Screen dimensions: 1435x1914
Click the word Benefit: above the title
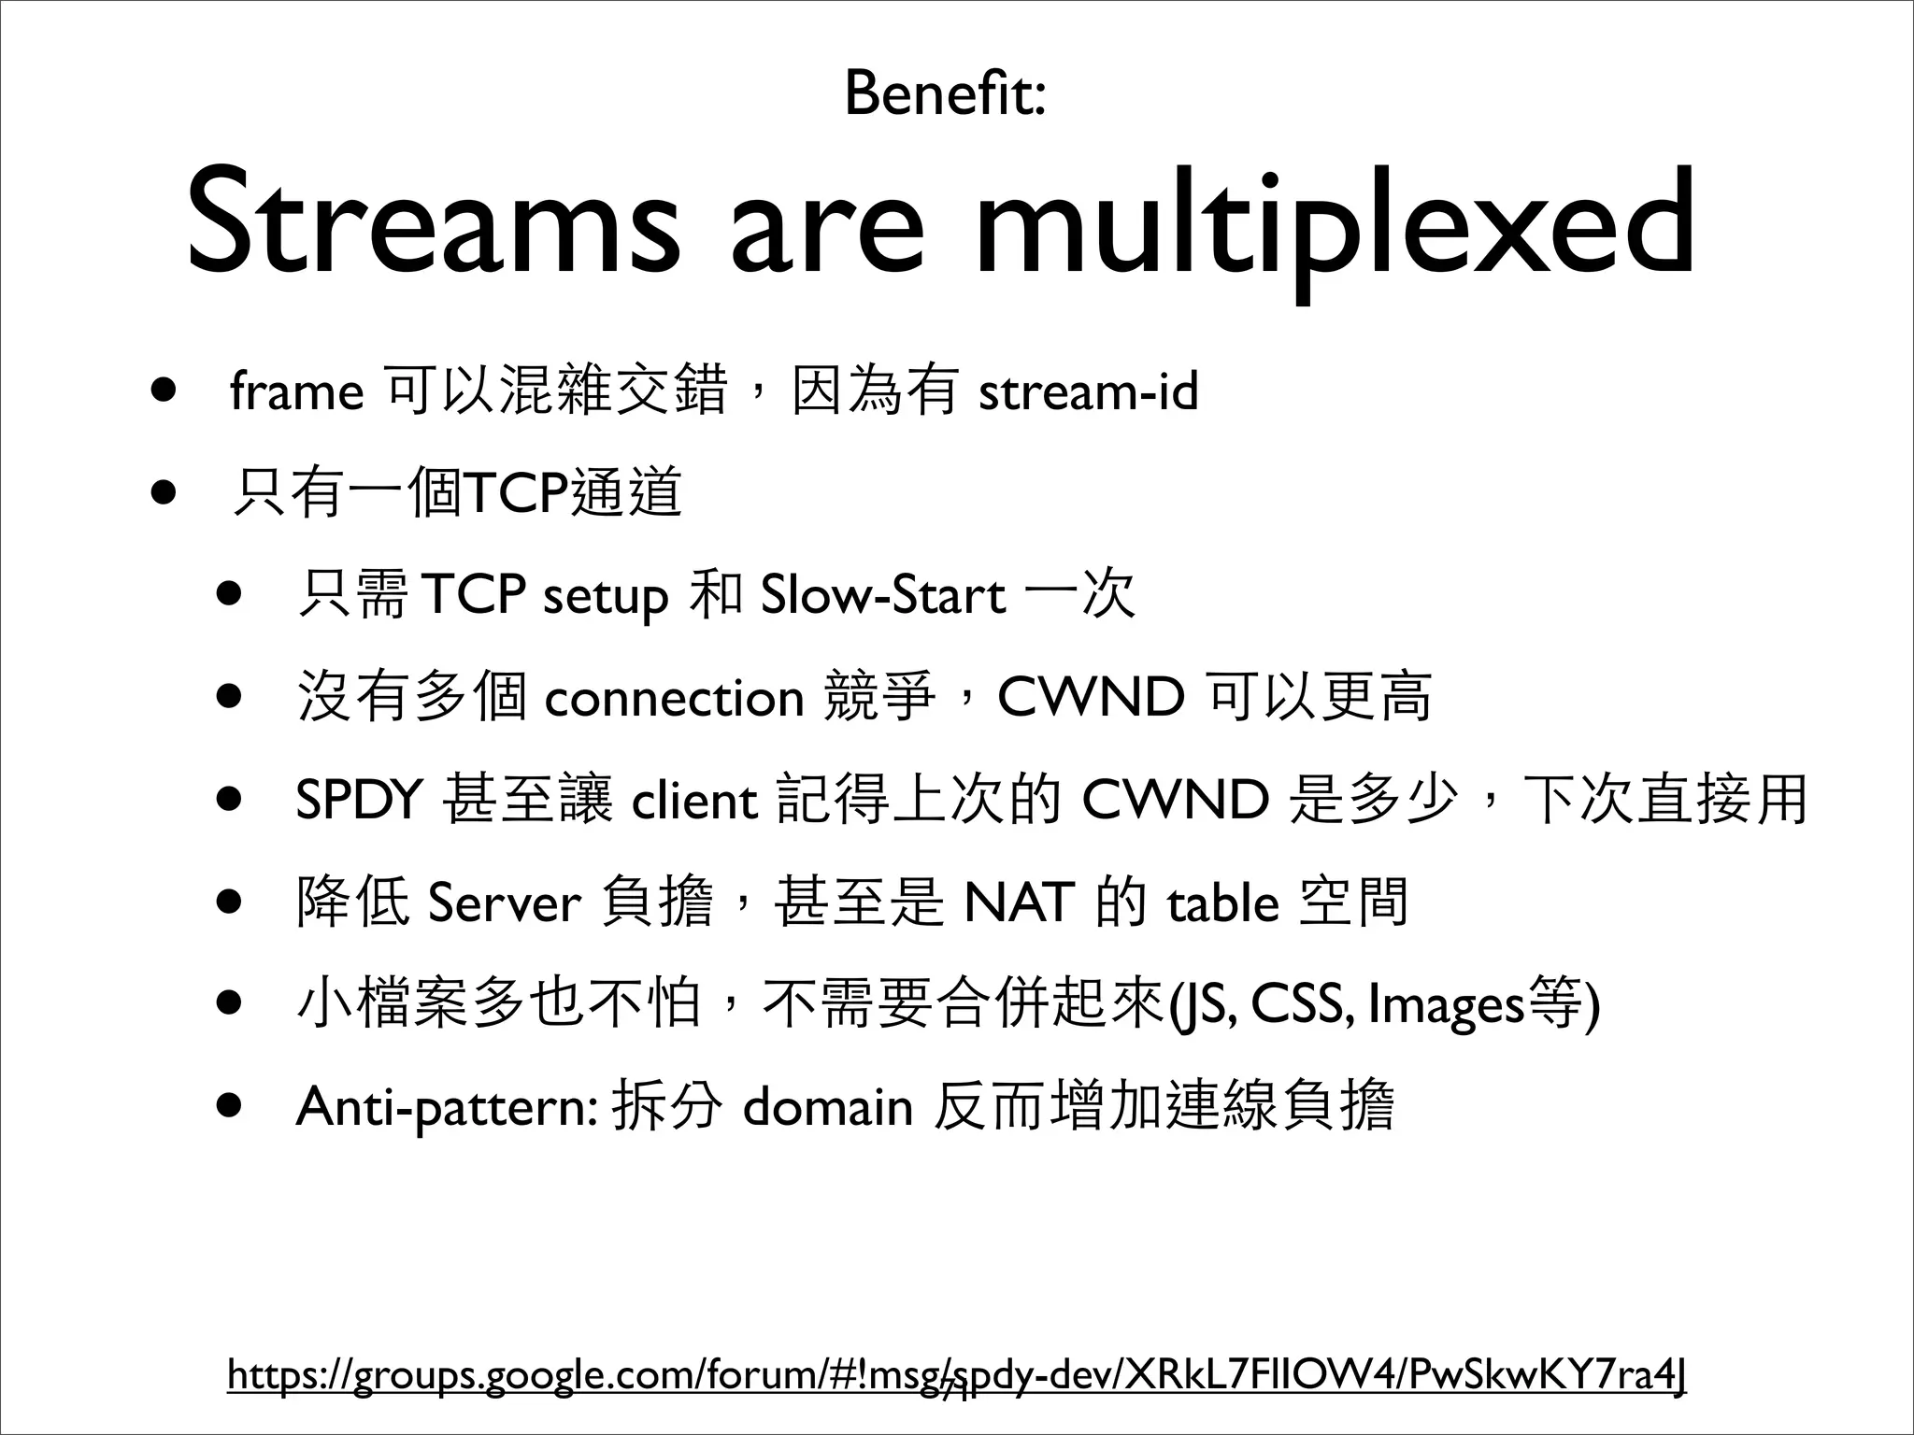coord(945,93)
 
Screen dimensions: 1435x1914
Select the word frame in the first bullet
coord(296,391)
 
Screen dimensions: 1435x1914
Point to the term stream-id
coord(1088,391)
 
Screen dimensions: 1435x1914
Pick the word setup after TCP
coord(605,596)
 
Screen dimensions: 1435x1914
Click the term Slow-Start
coord(883,596)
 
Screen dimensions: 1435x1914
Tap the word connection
coord(674,698)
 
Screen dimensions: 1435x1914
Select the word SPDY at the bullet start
coord(360,801)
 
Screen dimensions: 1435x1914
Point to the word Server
coord(505,902)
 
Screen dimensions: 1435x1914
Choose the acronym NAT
coord(1019,902)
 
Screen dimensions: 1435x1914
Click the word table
coord(1222,902)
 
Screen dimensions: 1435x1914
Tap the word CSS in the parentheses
coord(1301,1004)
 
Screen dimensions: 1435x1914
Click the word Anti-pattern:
coord(446,1107)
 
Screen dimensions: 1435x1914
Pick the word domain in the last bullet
coord(827,1107)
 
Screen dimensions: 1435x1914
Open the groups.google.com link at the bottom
coord(957,1376)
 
